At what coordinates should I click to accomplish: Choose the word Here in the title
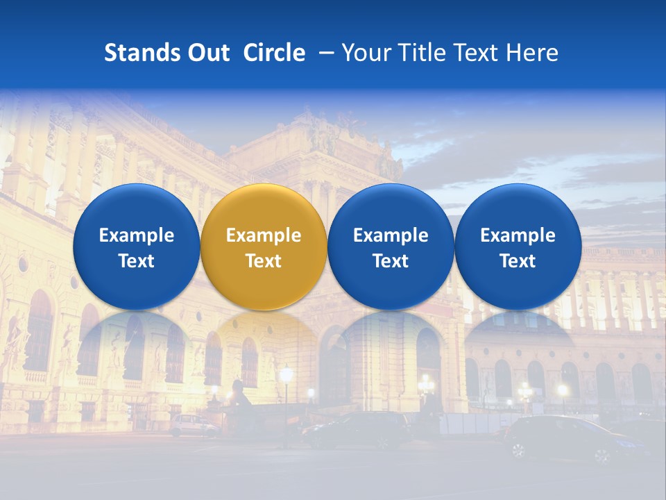click(x=532, y=53)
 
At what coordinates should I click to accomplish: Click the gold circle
click(x=264, y=247)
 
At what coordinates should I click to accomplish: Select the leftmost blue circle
click(x=136, y=247)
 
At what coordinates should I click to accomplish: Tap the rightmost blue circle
click(x=518, y=247)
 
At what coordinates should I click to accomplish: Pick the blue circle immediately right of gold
click(x=391, y=247)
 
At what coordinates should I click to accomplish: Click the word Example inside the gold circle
click(x=264, y=235)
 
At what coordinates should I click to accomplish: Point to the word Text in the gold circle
click(x=264, y=261)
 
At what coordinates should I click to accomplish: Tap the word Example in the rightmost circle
click(x=518, y=235)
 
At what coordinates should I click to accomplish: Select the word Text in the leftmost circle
click(x=136, y=261)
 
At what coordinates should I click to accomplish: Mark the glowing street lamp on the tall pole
click(x=286, y=376)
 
